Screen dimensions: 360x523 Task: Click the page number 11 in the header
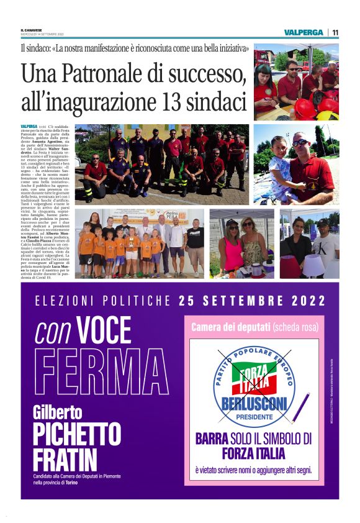click(x=335, y=32)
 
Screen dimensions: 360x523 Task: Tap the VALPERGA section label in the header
click(x=304, y=32)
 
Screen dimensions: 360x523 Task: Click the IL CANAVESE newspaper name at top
click(x=31, y=30)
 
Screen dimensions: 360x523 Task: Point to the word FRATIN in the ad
click(x=65, y=460)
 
